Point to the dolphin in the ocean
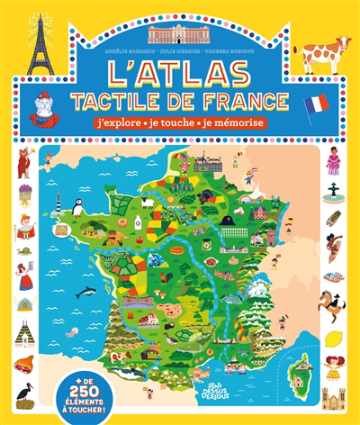[x=87, y=291]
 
